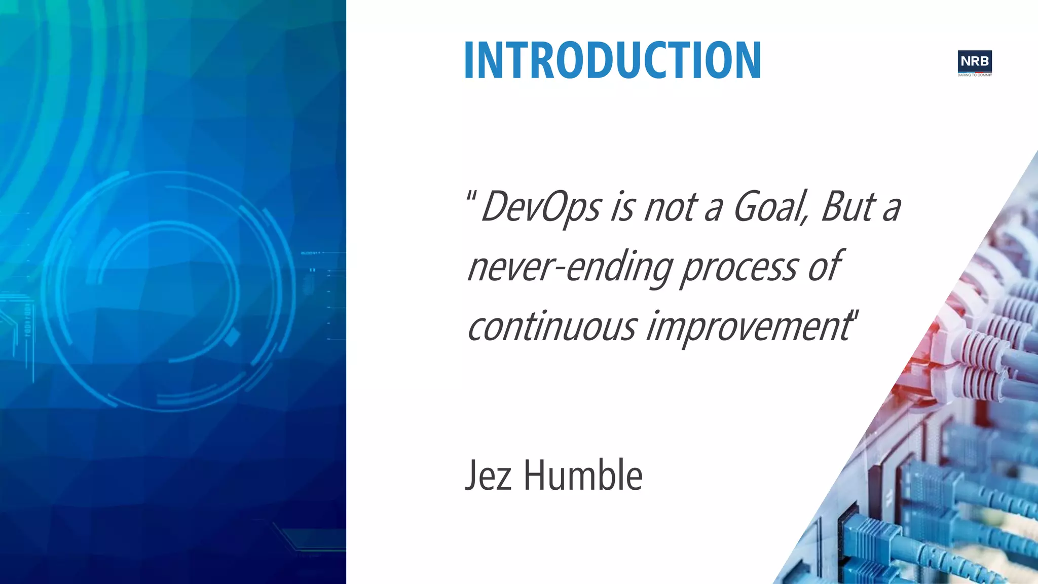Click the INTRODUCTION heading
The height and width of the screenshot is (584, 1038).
(x=612, y=61)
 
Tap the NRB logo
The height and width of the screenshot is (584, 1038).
(x=974, y=61)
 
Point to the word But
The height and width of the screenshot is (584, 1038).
(x=848, y=207)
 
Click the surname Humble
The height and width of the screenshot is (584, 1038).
(x=583, y=476)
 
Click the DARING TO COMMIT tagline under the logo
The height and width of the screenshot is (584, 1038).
(x=974, y=75)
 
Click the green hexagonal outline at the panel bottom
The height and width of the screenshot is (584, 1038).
(x=309, y=539)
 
